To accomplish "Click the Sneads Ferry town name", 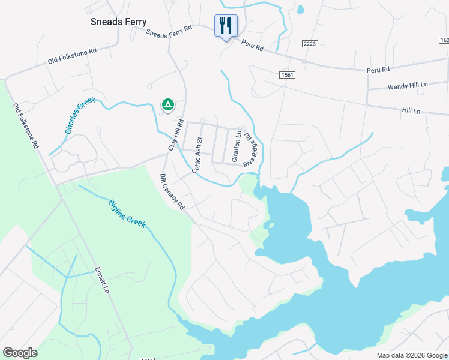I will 118,22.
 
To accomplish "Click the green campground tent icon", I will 168,105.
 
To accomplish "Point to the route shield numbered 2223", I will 309,43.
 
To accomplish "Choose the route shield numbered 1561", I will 288,74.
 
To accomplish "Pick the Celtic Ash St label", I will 197,155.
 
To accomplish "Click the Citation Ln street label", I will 238,146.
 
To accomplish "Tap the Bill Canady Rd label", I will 172,192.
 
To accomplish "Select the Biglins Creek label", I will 127,213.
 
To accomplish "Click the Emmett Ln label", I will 101,281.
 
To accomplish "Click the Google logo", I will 20,353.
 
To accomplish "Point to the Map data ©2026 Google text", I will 412,355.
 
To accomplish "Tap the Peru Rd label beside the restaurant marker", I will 252,46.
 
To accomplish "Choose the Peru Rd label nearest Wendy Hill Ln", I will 378,70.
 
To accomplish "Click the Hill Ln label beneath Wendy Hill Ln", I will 411,111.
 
